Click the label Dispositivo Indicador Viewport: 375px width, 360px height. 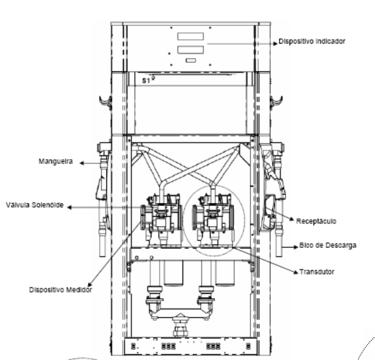(312, 41)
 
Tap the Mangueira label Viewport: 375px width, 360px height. (56, 161)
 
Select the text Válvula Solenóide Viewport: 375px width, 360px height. (35, 205)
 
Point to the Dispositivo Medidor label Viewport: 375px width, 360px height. (61, 290)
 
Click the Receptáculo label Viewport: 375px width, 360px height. (316, 221)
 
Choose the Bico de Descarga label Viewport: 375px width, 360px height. (328, 246)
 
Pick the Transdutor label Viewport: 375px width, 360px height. (317, 272)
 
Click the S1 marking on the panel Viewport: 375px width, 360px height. (146, 80)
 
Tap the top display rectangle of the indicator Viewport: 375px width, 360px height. (191, 36)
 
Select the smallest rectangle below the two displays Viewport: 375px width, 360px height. (191, 61)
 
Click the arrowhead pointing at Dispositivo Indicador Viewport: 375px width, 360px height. (275, 44)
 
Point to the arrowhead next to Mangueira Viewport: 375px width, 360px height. (81, 163)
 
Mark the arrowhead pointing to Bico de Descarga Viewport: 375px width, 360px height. (296, 247)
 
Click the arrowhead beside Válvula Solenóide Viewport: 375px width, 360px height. (70, 207)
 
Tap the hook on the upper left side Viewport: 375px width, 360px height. (105, 102)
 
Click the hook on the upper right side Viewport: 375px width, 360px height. (276, 102)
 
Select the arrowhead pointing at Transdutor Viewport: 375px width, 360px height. (296, 272)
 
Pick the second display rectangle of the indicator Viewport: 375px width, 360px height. (191, 50)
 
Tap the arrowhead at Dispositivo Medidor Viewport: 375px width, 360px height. (90, 285)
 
